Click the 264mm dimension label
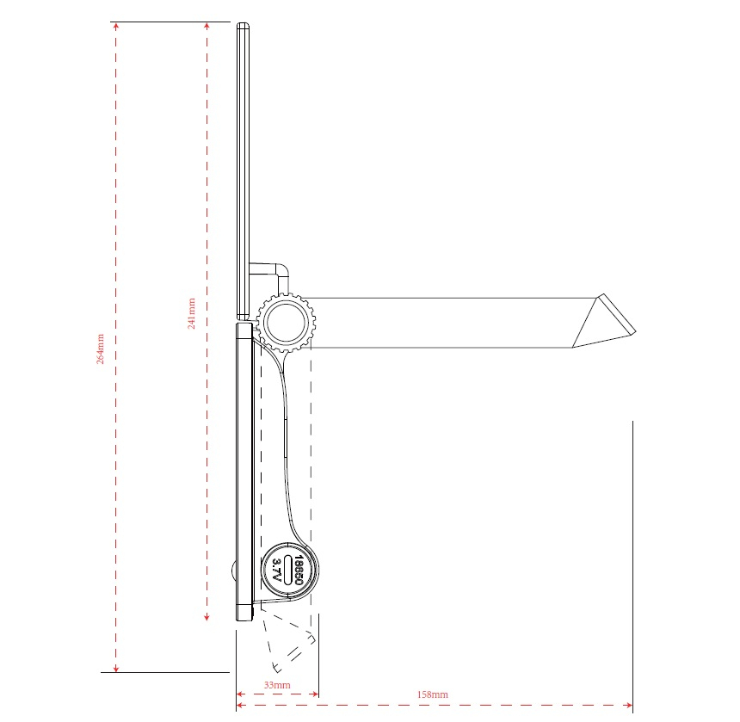click(100, 349)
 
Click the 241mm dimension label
click(191, 313)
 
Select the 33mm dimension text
click(277, 685)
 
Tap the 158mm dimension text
click(432, 694)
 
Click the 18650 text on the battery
click(299, 570)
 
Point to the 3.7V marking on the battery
click(277, 570)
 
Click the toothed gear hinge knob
click(286, 323)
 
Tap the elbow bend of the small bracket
click(281, 270)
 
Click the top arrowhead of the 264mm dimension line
click(116, 26)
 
